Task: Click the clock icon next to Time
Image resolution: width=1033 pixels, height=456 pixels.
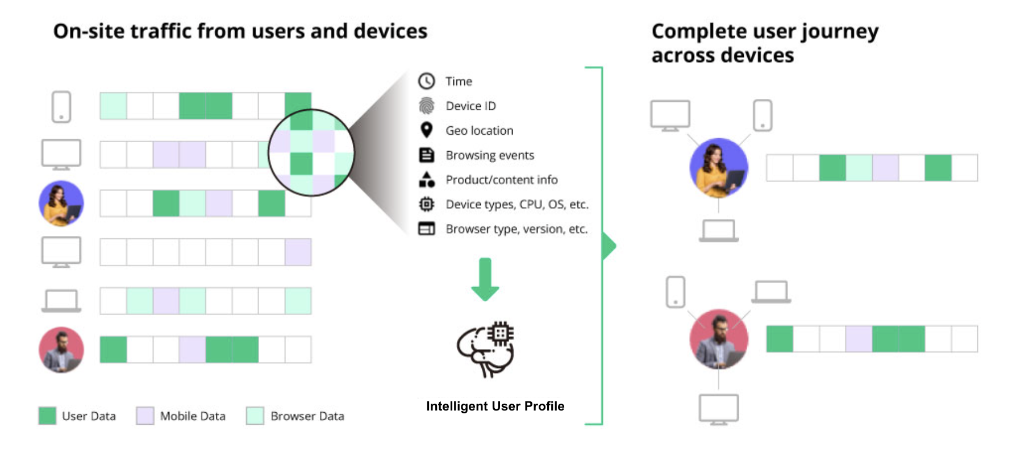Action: (x=426, y=81)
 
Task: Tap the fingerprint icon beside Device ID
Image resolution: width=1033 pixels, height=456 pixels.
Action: (x=426, y=106)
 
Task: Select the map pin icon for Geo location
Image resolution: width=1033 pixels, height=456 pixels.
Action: (x=426, y=130)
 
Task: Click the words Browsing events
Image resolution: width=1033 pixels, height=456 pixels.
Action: (x=490, y=155)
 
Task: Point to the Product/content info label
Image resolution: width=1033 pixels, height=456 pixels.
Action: (x=501, y=180)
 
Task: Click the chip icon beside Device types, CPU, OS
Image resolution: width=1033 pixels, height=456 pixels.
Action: (x=426, y=204)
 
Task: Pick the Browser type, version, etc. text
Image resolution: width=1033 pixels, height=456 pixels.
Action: (x=516, y=229)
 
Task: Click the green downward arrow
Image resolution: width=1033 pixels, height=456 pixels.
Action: (x=485, y=279)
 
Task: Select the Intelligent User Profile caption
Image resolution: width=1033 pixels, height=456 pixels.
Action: (x=495, y=406)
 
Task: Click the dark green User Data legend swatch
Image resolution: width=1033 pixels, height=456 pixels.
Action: (x=47, y=416)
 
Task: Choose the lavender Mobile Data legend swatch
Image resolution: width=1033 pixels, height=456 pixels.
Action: (x=145, y=416)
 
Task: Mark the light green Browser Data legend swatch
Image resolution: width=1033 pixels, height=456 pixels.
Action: (x=255, y=416)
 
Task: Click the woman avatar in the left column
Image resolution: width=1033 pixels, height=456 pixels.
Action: (x=61, y=203)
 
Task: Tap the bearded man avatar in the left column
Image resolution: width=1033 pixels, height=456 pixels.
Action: (x=61, y=349)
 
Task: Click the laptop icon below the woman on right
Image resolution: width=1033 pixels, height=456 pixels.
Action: (x=718, y=231)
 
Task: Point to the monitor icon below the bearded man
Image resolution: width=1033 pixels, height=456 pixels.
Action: (x=718, y=409)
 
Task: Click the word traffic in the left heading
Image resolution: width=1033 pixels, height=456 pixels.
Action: (x=161, y=31)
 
